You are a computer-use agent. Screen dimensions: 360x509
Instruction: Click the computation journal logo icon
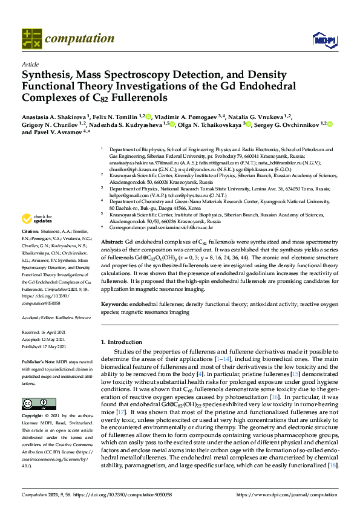(31, 38)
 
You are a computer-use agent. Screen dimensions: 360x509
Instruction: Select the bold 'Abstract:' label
(122, 241)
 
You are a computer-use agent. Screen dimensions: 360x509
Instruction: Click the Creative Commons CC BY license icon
(31, 404)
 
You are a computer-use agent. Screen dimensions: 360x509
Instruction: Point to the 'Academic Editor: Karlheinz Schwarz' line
(56, 317)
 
